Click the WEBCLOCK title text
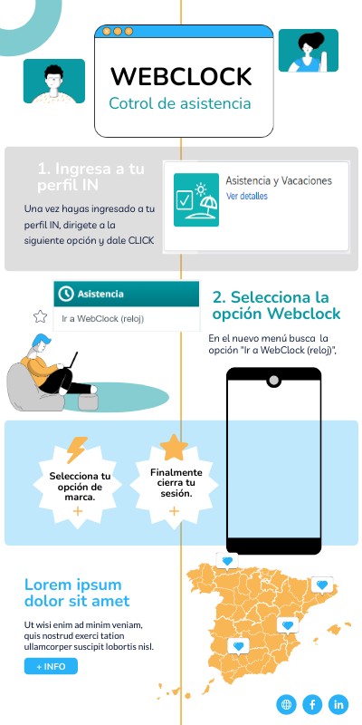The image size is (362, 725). (x=181, y=76)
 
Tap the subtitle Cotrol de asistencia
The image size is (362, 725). (x=180, y=104)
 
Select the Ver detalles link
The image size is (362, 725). (x=247, y=196)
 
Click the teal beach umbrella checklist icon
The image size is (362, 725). (x=198, y=200)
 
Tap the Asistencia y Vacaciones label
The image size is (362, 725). (x=279, y=180)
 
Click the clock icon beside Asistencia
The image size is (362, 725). (x=65, y=295)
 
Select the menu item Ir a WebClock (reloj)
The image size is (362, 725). (x=103, y=318)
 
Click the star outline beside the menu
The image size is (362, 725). (x=40, y=316)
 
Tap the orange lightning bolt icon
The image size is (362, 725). (x=77, y=449)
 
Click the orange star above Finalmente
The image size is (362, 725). (x=173, y=448)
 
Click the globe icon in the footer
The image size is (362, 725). (x=287, y=703)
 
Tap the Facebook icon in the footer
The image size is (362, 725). (x=313, y=703)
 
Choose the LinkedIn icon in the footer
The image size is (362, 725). (x=338, y=703)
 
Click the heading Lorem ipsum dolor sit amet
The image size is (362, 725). (x=77, y=593)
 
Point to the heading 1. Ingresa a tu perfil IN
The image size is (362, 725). (x=90, y=177)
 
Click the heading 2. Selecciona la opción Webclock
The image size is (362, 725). (x=276, y=305)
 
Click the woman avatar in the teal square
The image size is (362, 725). (x=308, y=51)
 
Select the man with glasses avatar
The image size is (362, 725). (x=53, y=82)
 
